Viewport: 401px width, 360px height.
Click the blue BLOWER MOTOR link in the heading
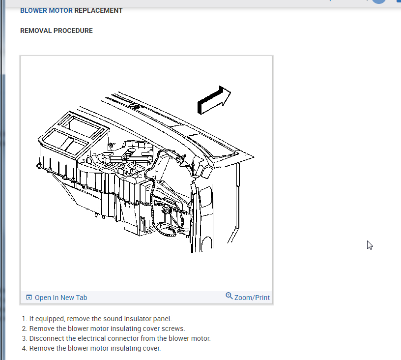coord(46,10)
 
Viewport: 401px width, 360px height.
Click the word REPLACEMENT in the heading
coord(98,10)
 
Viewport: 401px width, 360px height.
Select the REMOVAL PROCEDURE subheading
coord(56,30)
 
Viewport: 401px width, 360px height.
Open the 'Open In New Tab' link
coord(60,298)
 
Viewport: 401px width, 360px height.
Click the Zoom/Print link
coord(252,298)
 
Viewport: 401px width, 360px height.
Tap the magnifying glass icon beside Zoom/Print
coord(229,296)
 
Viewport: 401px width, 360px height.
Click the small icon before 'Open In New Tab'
coord(29,298)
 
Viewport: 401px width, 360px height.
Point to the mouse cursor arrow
coord(370,245)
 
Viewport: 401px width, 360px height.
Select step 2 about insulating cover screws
coord(107,329)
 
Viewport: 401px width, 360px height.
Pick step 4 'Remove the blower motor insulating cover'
coord(95,348)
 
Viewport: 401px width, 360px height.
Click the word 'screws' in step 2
coord(174,329)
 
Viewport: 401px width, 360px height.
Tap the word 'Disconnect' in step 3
coord(47,338)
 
